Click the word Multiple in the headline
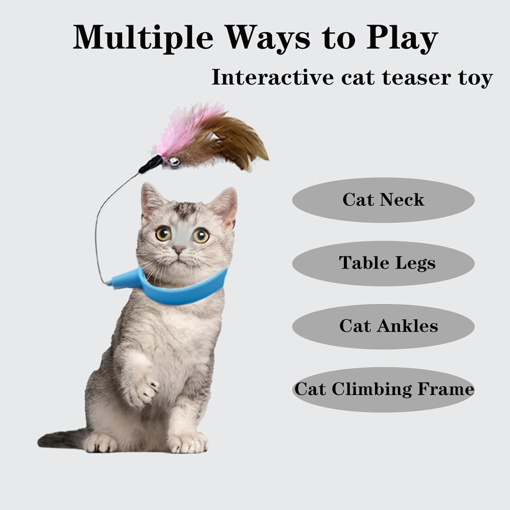(x=143, y=38)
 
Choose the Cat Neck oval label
(x=383, y=200)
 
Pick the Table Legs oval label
(x=383, y=263)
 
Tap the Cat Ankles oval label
(x=383, y=326)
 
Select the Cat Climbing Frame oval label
(x=383, y=389)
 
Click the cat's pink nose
(x=178, y=251)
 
